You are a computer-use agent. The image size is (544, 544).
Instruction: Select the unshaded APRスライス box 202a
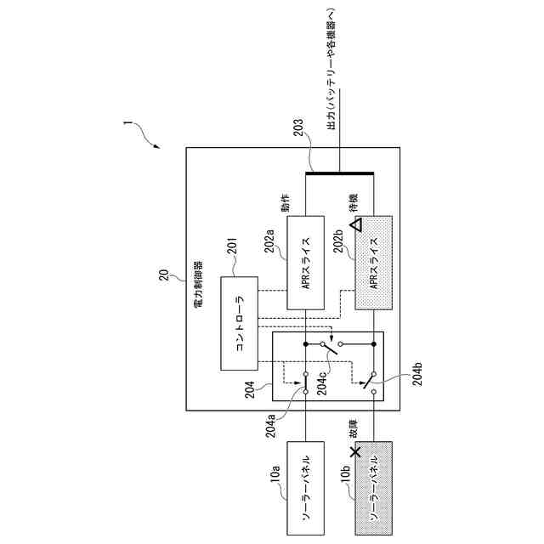tap(306, 264)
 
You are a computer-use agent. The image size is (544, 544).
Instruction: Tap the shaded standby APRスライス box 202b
tap(371, 264)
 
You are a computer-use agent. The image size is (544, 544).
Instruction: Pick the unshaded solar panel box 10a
tap(306, 488)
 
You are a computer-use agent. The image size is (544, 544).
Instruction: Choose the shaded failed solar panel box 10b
tap(371, 488)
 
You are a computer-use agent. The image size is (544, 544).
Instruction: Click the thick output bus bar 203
tap(339, 173)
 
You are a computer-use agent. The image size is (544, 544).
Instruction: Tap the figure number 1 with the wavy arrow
tap(127, 126)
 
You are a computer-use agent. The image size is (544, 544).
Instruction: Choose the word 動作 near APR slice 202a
tap(286, 207)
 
